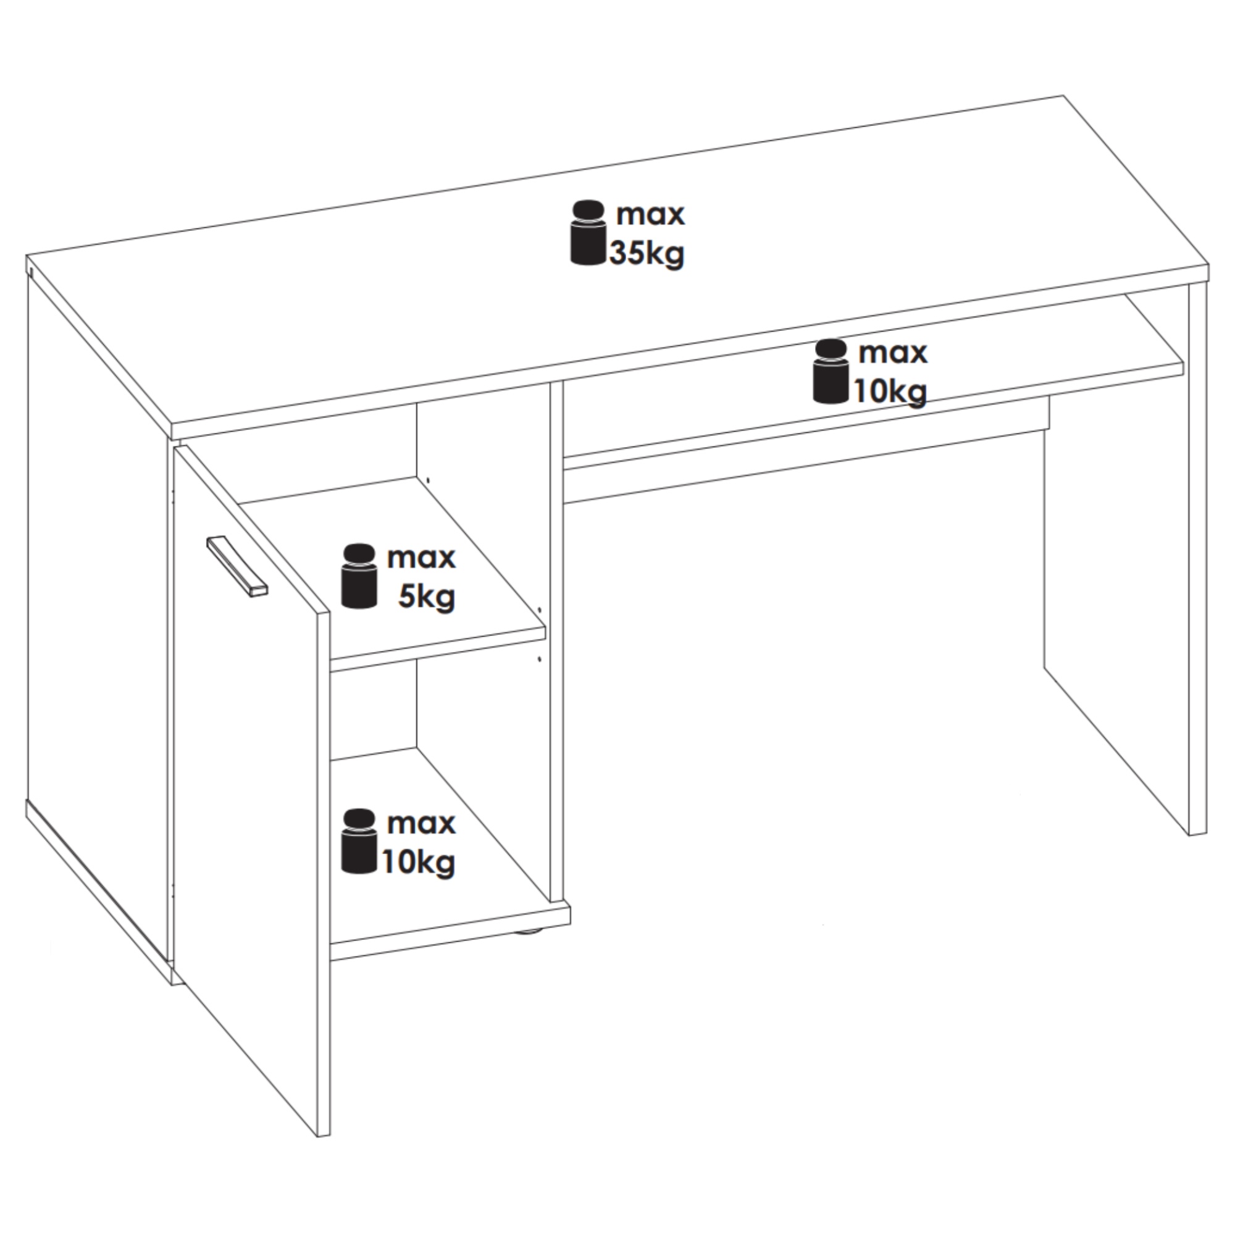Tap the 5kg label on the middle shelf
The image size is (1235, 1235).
click(426, 598)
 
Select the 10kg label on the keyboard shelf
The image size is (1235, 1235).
click(890, 391)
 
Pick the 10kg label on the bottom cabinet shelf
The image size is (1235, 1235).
click(419, 862)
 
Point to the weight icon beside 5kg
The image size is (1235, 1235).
click(359, 576)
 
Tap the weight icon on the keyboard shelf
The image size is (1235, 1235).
click(831, 372)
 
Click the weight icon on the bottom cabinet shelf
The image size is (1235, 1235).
click(359, 841)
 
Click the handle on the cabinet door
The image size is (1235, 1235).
click(237, 566)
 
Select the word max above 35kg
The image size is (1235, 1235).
click(650, 214)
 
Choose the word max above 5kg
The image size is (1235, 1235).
click(421, 558)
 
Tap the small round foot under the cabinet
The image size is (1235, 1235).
click(528, 932)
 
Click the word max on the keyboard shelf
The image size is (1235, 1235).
click(892, 353)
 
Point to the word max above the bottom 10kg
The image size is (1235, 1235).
click(421, 823)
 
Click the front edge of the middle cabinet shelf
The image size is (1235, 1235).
click(438, 649)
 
